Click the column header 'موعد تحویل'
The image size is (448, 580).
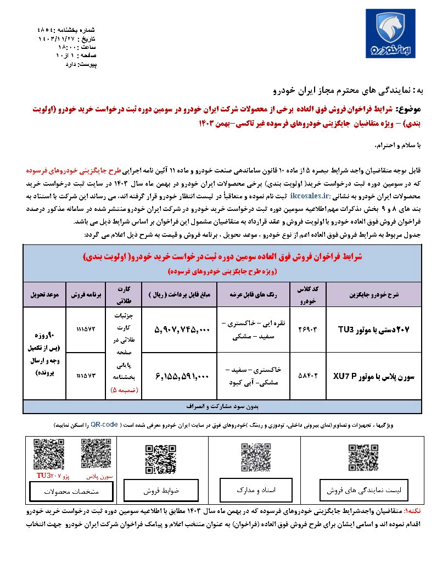(45, 295)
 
